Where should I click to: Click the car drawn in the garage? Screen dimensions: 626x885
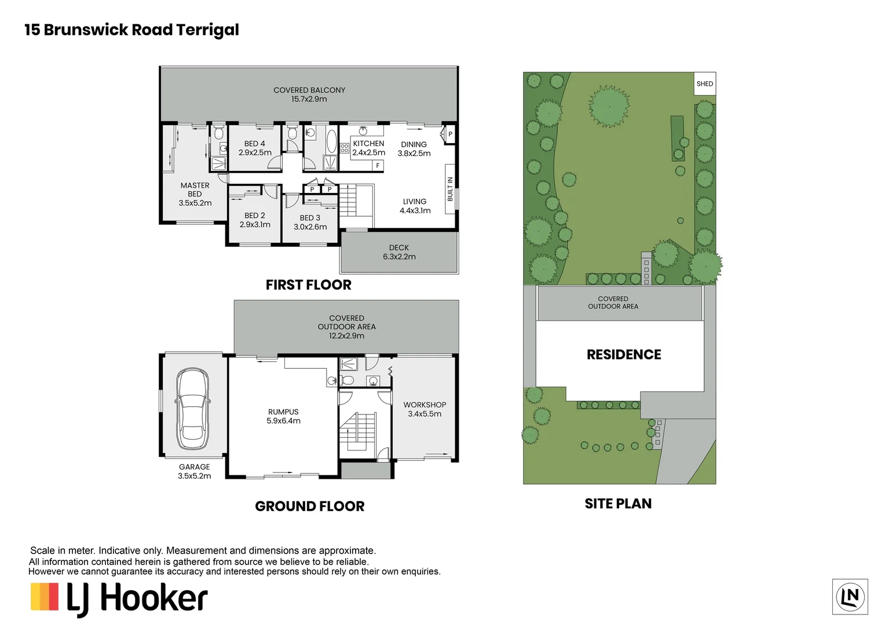tap(192, 409)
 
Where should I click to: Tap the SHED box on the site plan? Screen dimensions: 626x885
tap(705, 84)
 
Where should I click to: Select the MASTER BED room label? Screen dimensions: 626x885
tap(195, 190)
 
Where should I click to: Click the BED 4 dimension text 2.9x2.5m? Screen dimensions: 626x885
tap(255, 153)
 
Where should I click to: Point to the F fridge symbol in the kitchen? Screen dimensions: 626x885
tap(378, 166)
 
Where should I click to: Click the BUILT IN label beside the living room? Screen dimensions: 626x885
tap(450, 189)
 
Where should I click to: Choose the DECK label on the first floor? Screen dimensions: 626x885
tap(399, 248)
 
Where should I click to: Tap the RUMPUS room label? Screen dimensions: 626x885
tap(283, 412)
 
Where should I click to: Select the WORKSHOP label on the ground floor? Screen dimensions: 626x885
tap(425, 405)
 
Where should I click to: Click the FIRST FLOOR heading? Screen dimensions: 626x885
tap(308, 285)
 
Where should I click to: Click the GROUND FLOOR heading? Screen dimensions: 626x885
tap(309, 507)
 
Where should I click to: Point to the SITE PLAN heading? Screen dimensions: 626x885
tap(617, 504)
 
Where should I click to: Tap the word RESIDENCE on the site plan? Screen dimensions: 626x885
tap(623, 355)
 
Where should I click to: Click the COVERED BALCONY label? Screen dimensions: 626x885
tap(309, 90)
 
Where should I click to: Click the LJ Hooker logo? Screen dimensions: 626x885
tap(119, 598)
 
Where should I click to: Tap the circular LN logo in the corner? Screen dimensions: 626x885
tap(850, 596)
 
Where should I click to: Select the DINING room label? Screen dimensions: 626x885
tap(414, 144)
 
